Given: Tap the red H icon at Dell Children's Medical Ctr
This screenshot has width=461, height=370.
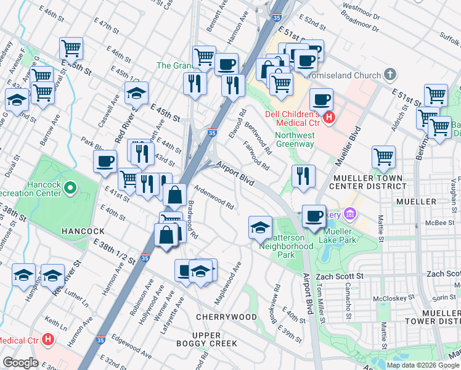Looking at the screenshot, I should (x=329, y=117).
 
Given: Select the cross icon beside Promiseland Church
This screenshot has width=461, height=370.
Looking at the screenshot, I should (x=389, y=75).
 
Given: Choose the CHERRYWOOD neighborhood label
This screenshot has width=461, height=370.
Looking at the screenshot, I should (x=226, y=316).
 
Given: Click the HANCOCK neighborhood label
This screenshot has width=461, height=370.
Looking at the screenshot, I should (x=83, y=231).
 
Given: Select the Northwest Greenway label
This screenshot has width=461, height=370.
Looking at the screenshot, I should (x=295, y=139).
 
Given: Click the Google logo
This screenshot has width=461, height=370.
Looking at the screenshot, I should (x=20, y=362).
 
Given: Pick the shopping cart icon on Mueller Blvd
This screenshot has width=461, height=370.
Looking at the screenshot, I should (x=383, y=157).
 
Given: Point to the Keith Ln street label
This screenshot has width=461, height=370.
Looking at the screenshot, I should (x=55, y=323).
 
